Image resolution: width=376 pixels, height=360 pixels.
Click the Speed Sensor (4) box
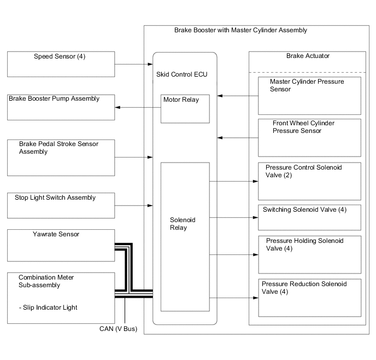(61, 64)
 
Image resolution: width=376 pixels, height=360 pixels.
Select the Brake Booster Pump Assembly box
(61, 107)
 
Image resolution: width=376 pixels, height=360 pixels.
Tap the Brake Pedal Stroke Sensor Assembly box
(61, 157)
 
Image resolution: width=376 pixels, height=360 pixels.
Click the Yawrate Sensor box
(61, 245)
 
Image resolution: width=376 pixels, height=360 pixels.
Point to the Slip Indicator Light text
(55, 307)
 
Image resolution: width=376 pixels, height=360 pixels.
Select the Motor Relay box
(185, 108)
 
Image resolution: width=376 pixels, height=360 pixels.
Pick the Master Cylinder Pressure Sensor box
(310, 95)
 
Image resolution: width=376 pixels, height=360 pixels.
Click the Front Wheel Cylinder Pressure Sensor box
(310, 137)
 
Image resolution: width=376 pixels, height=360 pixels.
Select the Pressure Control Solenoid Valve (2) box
(310, 181)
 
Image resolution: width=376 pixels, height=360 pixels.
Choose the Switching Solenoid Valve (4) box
(310, 217)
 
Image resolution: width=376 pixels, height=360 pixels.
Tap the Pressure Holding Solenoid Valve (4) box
(310, 254)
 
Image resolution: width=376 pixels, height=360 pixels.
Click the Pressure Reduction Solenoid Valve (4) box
(310, 298)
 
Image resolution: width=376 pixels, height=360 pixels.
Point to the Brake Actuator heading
(308, 56)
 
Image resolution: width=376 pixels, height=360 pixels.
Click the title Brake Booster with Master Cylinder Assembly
(240, 30)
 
